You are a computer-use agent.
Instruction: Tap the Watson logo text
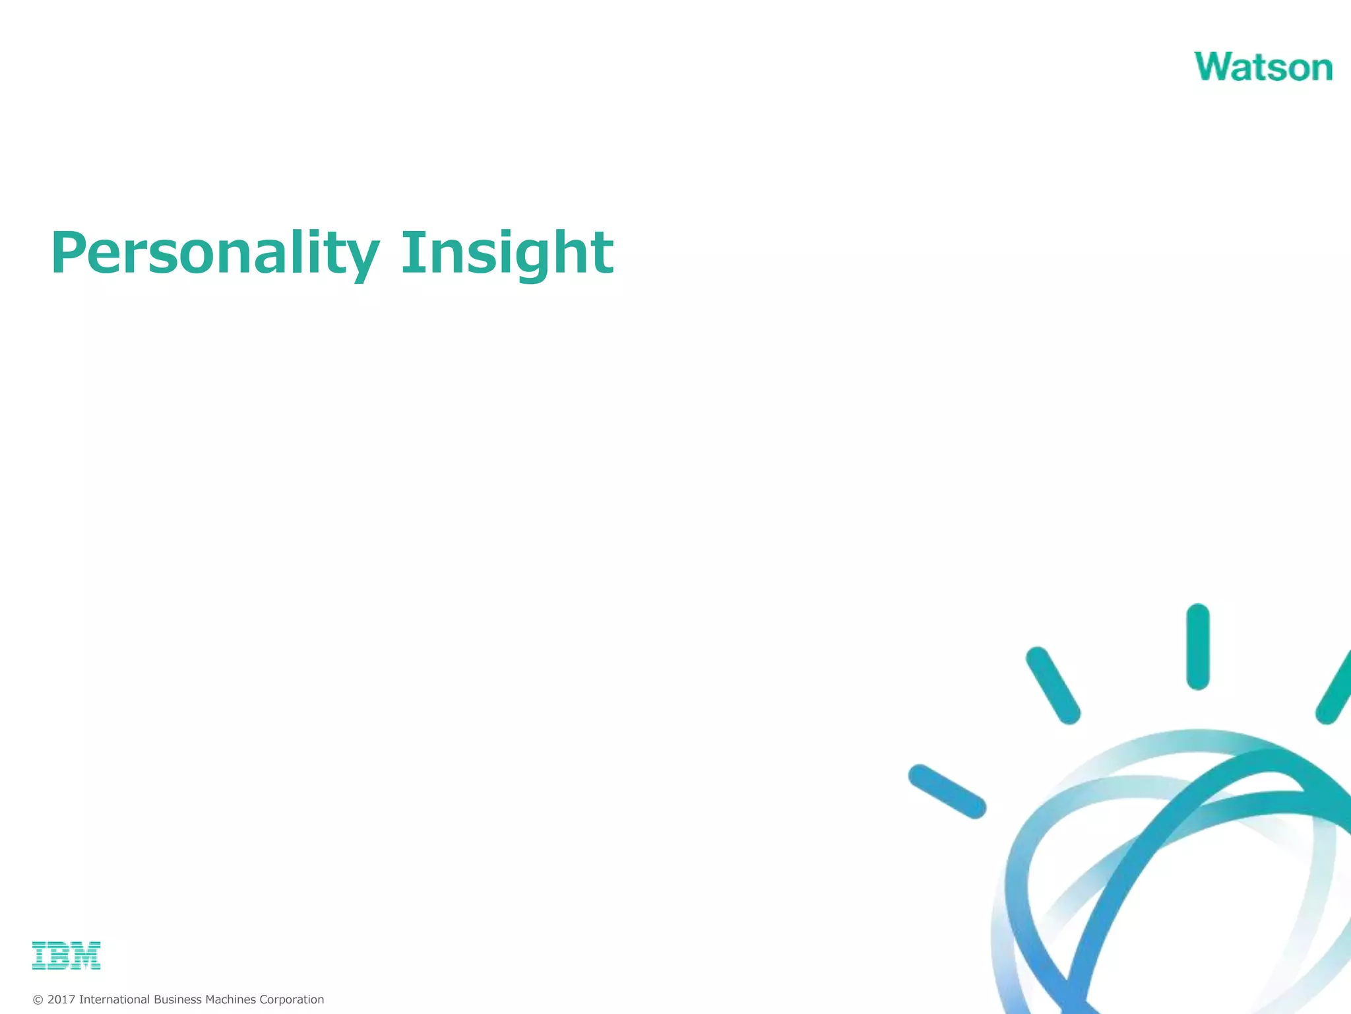1263,67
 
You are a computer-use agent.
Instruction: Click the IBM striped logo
66,955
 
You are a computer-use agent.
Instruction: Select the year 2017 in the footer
61,999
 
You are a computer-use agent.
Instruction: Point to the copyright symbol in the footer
38,1000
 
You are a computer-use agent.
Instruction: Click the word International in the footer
114,999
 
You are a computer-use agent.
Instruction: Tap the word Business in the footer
177,999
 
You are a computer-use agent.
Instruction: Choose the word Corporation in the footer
292,999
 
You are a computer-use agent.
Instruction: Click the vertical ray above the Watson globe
1197,647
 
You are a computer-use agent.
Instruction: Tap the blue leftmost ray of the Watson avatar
947,791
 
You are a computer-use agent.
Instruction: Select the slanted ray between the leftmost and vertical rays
1053,685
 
